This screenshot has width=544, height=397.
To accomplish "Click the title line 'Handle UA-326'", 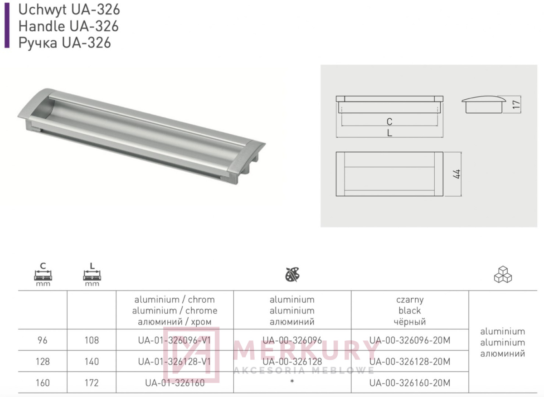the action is pos(68,26).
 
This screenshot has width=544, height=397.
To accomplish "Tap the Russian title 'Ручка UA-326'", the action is pos(64,43).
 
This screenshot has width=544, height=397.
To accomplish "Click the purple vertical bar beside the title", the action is pos(7,25).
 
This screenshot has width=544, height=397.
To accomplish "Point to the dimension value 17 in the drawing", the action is pos(516,104).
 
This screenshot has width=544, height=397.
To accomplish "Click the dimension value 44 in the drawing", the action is pos(457,174).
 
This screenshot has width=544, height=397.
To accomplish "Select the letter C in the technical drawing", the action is pos(389,121).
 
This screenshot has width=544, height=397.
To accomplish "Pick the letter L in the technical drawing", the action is pos(389,133).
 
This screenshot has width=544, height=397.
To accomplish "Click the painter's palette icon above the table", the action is pos(292,275).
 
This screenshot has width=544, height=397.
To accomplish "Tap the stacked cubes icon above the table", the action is pos(503,274).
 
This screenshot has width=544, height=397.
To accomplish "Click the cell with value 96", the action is pos(43,340).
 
